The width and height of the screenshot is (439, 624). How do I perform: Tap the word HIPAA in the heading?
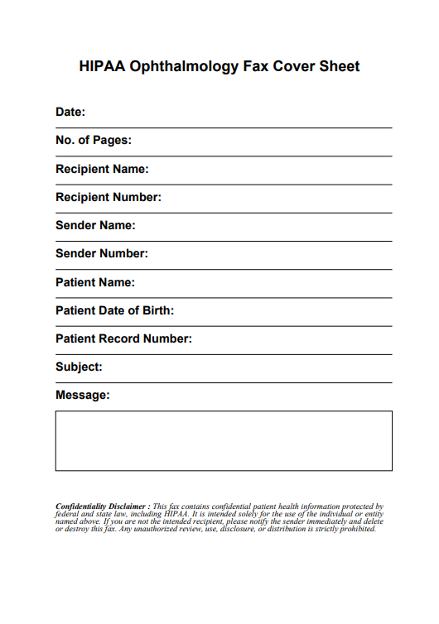[101, 66]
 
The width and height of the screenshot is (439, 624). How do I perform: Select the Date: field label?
[70, 112]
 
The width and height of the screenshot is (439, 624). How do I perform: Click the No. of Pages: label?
[94, 141]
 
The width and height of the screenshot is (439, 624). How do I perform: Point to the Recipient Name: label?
[102, 169]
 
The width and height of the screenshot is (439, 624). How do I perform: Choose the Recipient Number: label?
[109, 197]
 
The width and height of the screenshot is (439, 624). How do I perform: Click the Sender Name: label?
[95, 225]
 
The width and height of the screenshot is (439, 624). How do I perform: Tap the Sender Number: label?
[102, 253]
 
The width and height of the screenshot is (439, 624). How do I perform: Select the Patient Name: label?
[95, 282]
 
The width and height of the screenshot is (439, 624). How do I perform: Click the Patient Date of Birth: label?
[114, 310]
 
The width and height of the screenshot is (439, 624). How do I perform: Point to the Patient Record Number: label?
[123, 338]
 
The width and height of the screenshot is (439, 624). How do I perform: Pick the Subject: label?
[79, 367]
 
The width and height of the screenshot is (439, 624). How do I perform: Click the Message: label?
[82, 395]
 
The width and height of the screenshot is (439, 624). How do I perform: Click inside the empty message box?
[224, 440]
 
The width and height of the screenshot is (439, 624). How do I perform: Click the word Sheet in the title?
[340, 66]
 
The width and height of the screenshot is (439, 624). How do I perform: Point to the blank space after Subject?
[248, 371]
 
